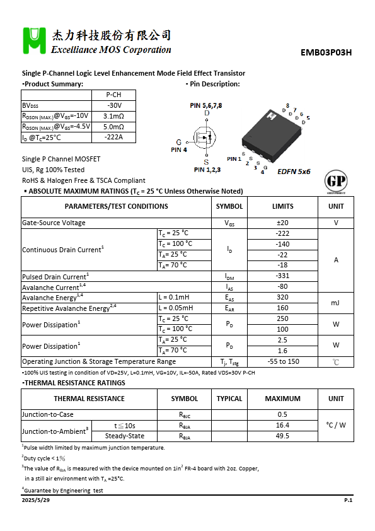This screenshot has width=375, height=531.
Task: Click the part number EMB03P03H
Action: [x=326, y=53]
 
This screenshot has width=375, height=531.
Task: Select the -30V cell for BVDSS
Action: [x=114, y=105]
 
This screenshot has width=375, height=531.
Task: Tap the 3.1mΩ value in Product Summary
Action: [x=114, y=116]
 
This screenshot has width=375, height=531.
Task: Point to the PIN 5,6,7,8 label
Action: [x=206, y=105]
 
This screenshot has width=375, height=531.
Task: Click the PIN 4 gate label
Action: [x=179, y=150]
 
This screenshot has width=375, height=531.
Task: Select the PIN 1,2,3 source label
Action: [x=207, y=170]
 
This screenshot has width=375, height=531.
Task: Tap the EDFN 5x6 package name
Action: [x=294, y=172]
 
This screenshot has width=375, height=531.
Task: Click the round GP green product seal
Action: [x=335, y=182]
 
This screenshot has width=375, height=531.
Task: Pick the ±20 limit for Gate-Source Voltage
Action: [x=282, y=223]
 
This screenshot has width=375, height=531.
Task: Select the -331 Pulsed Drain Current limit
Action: [x=282, y=276]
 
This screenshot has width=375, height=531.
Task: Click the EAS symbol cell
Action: [x=229, y=298]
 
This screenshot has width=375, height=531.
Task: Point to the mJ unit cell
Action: [x=336, y=303]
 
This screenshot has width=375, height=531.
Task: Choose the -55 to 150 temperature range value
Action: [x=282, y=362]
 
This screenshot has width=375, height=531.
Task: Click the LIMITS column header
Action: [x=282, y=206]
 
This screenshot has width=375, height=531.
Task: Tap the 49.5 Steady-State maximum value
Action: [x=282, y=436]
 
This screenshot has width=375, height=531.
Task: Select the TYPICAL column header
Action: [x=229, y=399]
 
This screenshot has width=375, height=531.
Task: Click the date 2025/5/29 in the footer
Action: [x=35, y=499]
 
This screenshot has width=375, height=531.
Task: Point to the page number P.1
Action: [x=348, y=499]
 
